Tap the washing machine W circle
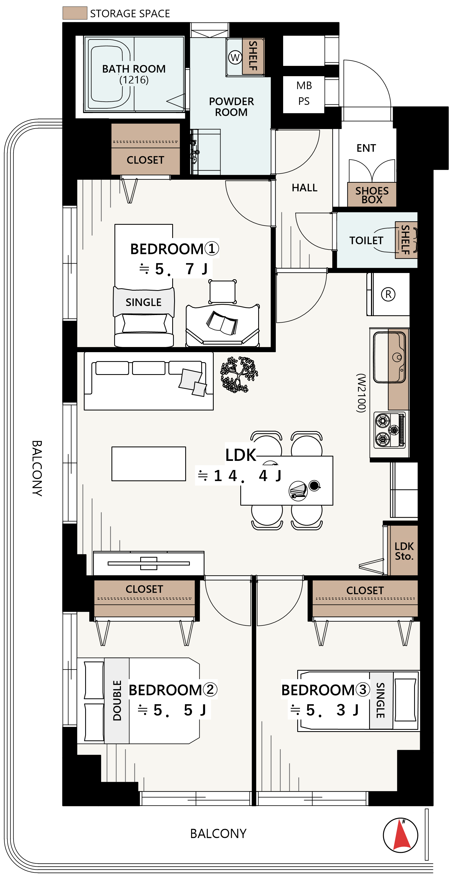click(x=235, y=57)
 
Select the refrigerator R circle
click(x=388, y=294)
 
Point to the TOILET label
click(x=366, y=240)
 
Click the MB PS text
click(x=304, y=93)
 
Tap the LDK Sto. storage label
click(x=404, y=551)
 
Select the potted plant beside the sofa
click(x=239, y=374)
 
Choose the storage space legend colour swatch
click(x=75, y=13)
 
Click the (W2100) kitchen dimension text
click(x=361, y=393)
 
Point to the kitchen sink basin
click(x=389, y=357)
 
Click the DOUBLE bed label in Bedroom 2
click(x=117, y=700)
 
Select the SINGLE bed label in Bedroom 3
click(x=381, y=700)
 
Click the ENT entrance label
click(x=366, y=148)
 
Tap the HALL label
click(x=304, y=188)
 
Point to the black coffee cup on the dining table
click(x=314, y=485)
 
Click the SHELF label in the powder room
click(x=253, y=56)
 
